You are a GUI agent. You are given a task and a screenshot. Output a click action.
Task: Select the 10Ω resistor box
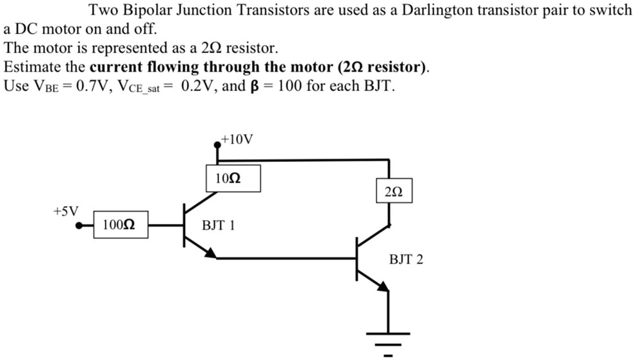point(233,178)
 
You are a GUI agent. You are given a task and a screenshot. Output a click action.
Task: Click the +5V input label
point(65,211)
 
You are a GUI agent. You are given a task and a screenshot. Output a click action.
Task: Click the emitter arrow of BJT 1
point(210,252)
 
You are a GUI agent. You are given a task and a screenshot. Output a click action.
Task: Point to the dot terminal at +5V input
point(79,226)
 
